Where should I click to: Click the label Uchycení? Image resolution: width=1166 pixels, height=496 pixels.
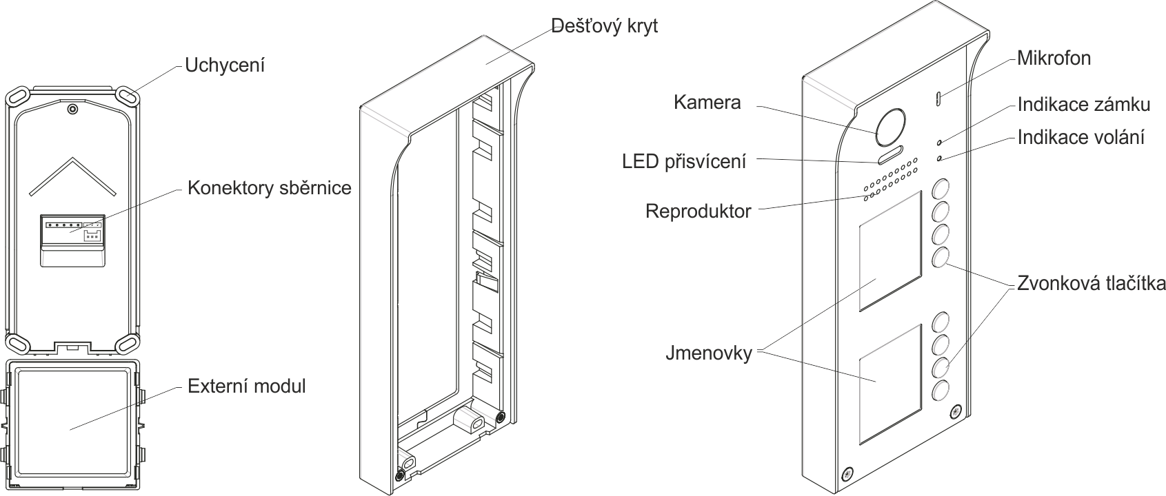(x=225, y=65)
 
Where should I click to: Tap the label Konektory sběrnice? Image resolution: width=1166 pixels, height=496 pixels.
(x=270, y=188)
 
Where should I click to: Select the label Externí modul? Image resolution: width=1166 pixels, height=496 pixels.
(x=246, y=386)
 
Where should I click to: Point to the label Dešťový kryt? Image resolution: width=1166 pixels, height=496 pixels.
(x=605, y=26)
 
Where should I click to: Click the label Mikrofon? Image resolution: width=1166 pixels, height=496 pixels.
(x=1054, y=58)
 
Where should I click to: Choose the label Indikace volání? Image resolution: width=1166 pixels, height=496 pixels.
(x=1080, y=137)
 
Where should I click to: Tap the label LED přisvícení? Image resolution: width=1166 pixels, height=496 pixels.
(x=683, y=161)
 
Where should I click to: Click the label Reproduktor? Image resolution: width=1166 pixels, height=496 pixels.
(x=698, y=211)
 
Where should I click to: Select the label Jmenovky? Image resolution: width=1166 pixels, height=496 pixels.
(x=708, y=354)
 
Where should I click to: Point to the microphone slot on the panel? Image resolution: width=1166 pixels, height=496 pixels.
(x=938, y=98)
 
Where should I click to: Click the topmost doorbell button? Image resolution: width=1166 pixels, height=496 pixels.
(x=941, y=188)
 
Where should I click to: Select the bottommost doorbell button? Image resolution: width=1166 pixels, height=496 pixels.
(x=941, y=392)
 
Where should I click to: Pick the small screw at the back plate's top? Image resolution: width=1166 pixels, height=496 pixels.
(x=72, y=109)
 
